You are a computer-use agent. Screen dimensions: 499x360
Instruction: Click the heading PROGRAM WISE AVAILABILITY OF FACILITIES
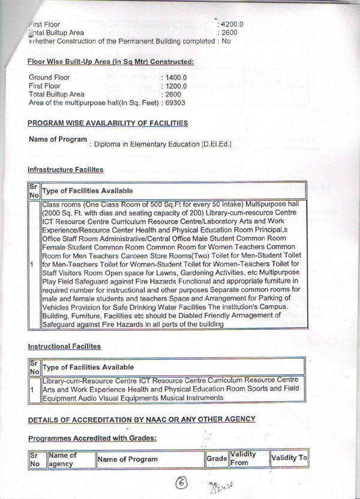(108, 123)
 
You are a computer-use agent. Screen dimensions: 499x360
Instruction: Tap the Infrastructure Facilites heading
(65, 170)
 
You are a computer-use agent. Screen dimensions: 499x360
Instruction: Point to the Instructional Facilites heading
(65, 347)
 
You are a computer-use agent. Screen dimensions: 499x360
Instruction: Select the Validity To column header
(289, 458)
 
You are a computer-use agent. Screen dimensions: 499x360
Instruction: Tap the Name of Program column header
(128, 459)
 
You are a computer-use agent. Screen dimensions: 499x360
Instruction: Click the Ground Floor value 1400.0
(176, 78)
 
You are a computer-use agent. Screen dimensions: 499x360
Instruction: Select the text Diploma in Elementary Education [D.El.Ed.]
(161, 145)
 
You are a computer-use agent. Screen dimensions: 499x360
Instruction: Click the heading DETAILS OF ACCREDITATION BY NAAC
(142, 418)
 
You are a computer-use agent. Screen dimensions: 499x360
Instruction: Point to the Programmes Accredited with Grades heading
(92, 438)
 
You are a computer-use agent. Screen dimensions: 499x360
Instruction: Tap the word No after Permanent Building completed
(226, 41)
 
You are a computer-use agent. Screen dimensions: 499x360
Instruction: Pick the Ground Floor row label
(49, 78)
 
